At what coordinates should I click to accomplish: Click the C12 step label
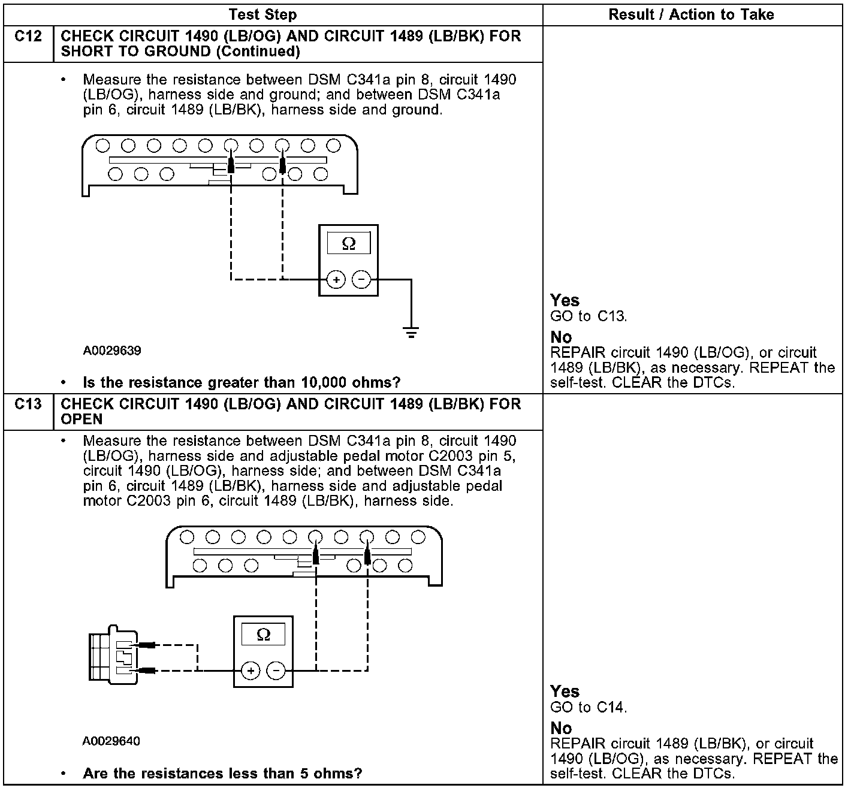coord(28,37)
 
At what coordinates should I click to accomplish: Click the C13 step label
coord(28,404)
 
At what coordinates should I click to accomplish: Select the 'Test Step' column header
coord(262,14)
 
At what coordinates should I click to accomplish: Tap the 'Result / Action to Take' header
coord(691,14)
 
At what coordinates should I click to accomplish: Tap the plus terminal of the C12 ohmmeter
coord(336,279)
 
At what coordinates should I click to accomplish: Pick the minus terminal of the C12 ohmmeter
coord(361,279)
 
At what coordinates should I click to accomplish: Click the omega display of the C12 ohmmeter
coord(348,243)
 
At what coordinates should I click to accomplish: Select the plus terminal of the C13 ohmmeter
coord(251,671)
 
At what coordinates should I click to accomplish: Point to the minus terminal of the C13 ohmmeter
coord(276,671)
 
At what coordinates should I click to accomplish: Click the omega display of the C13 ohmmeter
coord(263,635)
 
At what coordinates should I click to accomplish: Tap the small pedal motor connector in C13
coord(113,656)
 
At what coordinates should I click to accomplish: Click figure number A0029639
coord(112,351)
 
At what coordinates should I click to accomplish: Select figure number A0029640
coord(111,741)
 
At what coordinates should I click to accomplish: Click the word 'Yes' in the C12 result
coord(565,300)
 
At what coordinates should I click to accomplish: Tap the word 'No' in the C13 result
coord(561,728)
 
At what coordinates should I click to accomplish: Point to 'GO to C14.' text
coord(589,708)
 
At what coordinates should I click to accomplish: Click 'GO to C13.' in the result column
coord(589,316)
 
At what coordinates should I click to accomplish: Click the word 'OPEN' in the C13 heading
coord(82,419)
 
